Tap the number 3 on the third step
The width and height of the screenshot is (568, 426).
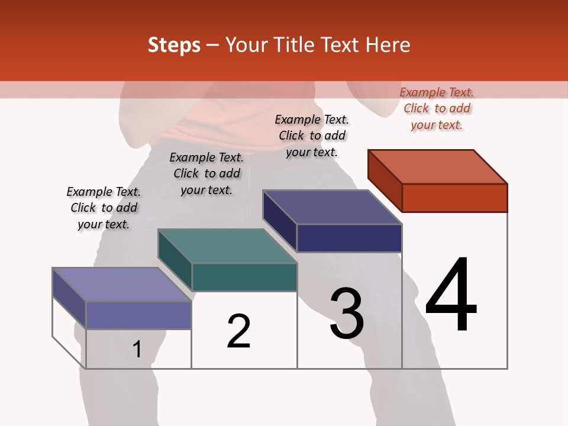[347, 314]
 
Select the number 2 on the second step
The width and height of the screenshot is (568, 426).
[238, 331]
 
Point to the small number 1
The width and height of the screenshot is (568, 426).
[137, 350]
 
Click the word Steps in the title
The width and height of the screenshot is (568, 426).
[174, 45]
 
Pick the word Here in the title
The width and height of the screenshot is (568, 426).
[388, 45]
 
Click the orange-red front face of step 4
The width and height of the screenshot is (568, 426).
[454, 198]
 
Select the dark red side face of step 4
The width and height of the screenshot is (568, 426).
[385, 177]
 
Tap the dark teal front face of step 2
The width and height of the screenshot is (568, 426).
[244, 277]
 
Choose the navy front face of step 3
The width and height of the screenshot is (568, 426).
[349, 238]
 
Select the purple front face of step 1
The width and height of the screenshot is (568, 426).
[138, 315]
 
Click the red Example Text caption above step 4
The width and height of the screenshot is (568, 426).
[437, 108]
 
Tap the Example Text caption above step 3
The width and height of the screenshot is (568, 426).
[312, 135]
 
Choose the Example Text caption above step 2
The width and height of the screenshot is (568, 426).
[206, 173]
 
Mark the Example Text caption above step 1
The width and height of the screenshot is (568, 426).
[104, 208]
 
